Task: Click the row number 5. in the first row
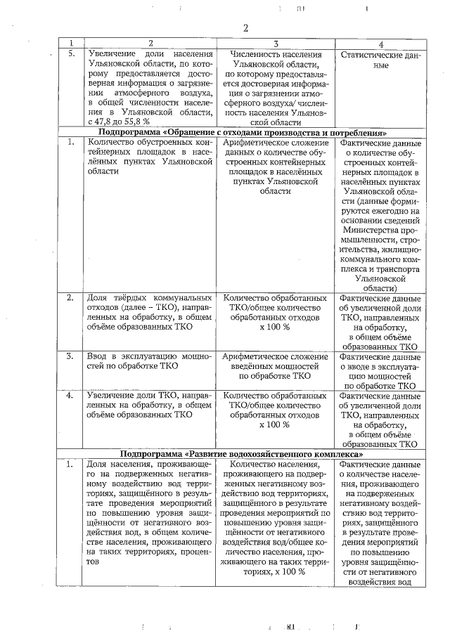pos(70,54)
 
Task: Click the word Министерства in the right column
pos(379,229)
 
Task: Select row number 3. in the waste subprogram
pos(70,356)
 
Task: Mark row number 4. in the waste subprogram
pos(70,396)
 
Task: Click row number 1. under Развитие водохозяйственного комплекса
pos(70,465)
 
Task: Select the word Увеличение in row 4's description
pos(109,396)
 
